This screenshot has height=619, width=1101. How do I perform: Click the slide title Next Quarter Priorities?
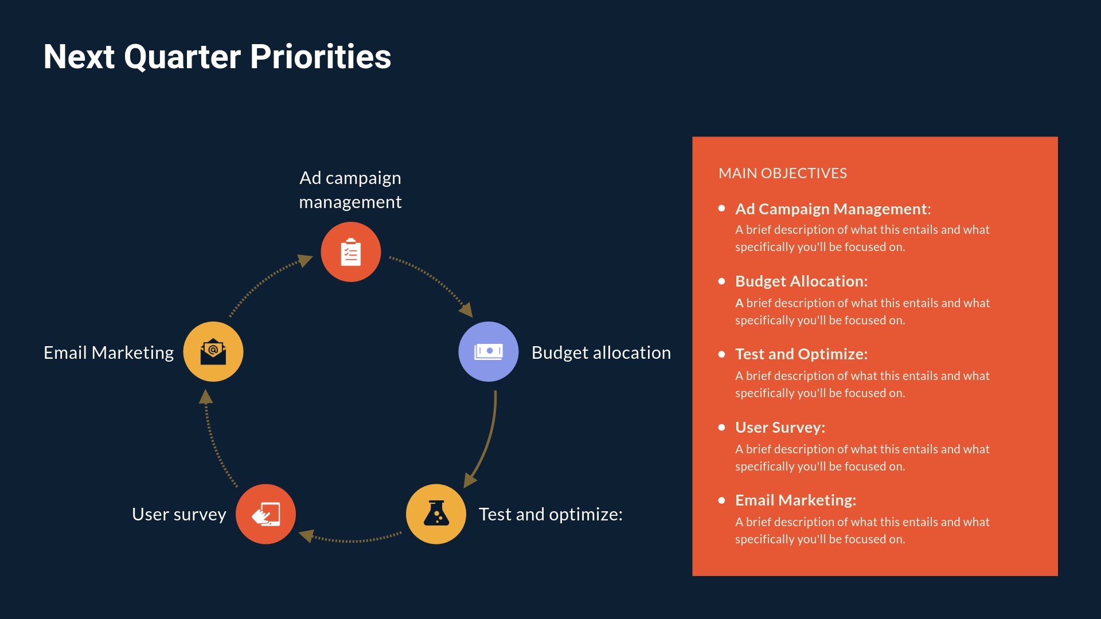[217, 57]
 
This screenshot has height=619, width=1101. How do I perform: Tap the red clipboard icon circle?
[351, 252]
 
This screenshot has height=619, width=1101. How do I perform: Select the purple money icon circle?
[489, 351]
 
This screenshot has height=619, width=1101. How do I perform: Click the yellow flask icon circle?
[436, 514]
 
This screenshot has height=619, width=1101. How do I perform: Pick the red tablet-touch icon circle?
[266, 514]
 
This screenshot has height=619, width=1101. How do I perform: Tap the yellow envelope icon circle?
[213, 351]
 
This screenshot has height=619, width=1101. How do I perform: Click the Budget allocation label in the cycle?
[601, 352]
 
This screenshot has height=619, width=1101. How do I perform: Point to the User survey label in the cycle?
[179, 514]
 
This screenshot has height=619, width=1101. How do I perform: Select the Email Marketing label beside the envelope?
[108, 352]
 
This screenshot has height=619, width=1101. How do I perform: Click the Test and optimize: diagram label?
[550, 514]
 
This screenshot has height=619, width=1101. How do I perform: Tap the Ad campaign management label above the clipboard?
[350, 190]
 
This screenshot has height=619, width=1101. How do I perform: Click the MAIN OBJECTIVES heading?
[783, 173]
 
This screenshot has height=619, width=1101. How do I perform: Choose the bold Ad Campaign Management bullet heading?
[833, 209]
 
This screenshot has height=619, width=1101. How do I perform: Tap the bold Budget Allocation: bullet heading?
[801, 281]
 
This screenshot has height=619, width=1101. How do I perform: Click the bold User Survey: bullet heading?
[780, 428]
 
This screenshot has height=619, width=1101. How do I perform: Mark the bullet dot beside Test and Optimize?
[722, 354]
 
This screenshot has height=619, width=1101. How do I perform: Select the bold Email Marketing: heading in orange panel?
[795, 500]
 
